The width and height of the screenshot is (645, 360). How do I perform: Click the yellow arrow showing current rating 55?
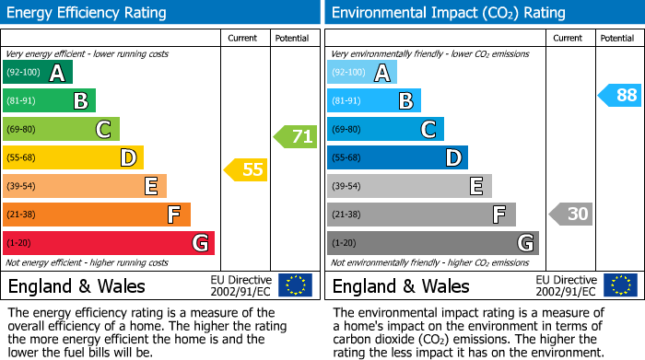coord(245,169)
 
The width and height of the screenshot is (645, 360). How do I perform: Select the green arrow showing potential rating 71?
coord(295,137)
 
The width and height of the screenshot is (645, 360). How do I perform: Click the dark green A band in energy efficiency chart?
coord(38,72)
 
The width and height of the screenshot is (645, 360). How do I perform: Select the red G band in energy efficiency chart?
coord(109,243)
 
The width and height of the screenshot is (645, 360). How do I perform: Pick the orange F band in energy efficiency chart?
coord(97,215)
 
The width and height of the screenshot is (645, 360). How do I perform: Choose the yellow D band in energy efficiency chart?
coord(74,157)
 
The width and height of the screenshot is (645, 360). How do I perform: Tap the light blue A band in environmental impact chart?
coord(362,72)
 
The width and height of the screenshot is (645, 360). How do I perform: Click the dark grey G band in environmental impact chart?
coord(432,243)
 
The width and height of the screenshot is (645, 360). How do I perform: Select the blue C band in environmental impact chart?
coord(385,129)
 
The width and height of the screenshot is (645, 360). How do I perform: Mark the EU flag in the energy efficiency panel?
coord(295,285)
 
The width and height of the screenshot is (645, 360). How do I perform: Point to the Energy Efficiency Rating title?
coord(88,13)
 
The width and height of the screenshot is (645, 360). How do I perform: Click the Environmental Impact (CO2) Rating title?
coord(448,13)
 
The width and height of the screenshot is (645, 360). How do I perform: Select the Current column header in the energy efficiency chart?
coord(242,38)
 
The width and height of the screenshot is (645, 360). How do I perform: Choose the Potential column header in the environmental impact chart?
coord(616,38)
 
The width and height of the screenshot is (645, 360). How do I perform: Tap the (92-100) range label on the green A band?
coord(24,72)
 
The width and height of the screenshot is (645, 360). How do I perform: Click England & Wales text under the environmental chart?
coord(401,285)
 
